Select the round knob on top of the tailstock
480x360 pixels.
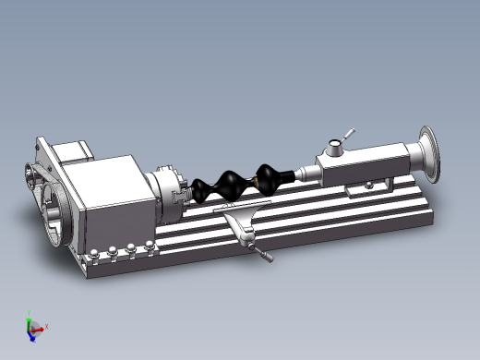tap(334, 147)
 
